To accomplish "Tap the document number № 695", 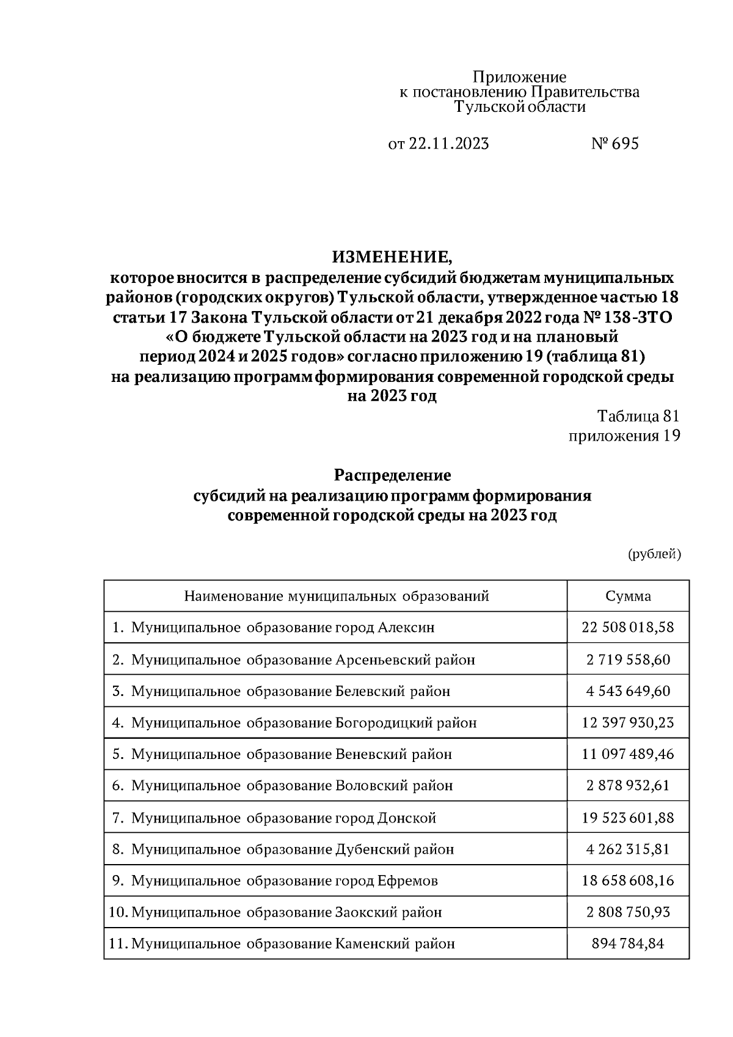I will pyautogui.click(x=615, y=144).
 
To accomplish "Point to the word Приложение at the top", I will pyautogui.click(x=520, y=77).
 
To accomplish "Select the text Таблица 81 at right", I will pyautogui.click(x=638, y=416).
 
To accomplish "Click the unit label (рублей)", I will pyautogui.click(x=654, y=554).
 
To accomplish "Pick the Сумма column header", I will pyautogui.click(x=628, y=596).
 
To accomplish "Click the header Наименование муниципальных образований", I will pyautogui.click(x=337, y=596).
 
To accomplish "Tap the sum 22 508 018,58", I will pyautogui.click(x=628, y=628).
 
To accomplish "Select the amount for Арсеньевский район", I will pyautogui.click(x=628, y=659).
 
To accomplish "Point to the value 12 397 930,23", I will pyautogui.click(x=628, y=723).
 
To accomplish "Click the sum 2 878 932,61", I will pyautogui.click(x=628, y=786).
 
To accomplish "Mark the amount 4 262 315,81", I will pyautogui.click(x=628, y=849).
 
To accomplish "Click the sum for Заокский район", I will pyautogui.click(x=628, y=912).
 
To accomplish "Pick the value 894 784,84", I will pyautogui.click(x=628, y=944).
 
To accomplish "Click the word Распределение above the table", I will pyautogui.click(x=392, y=475).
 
